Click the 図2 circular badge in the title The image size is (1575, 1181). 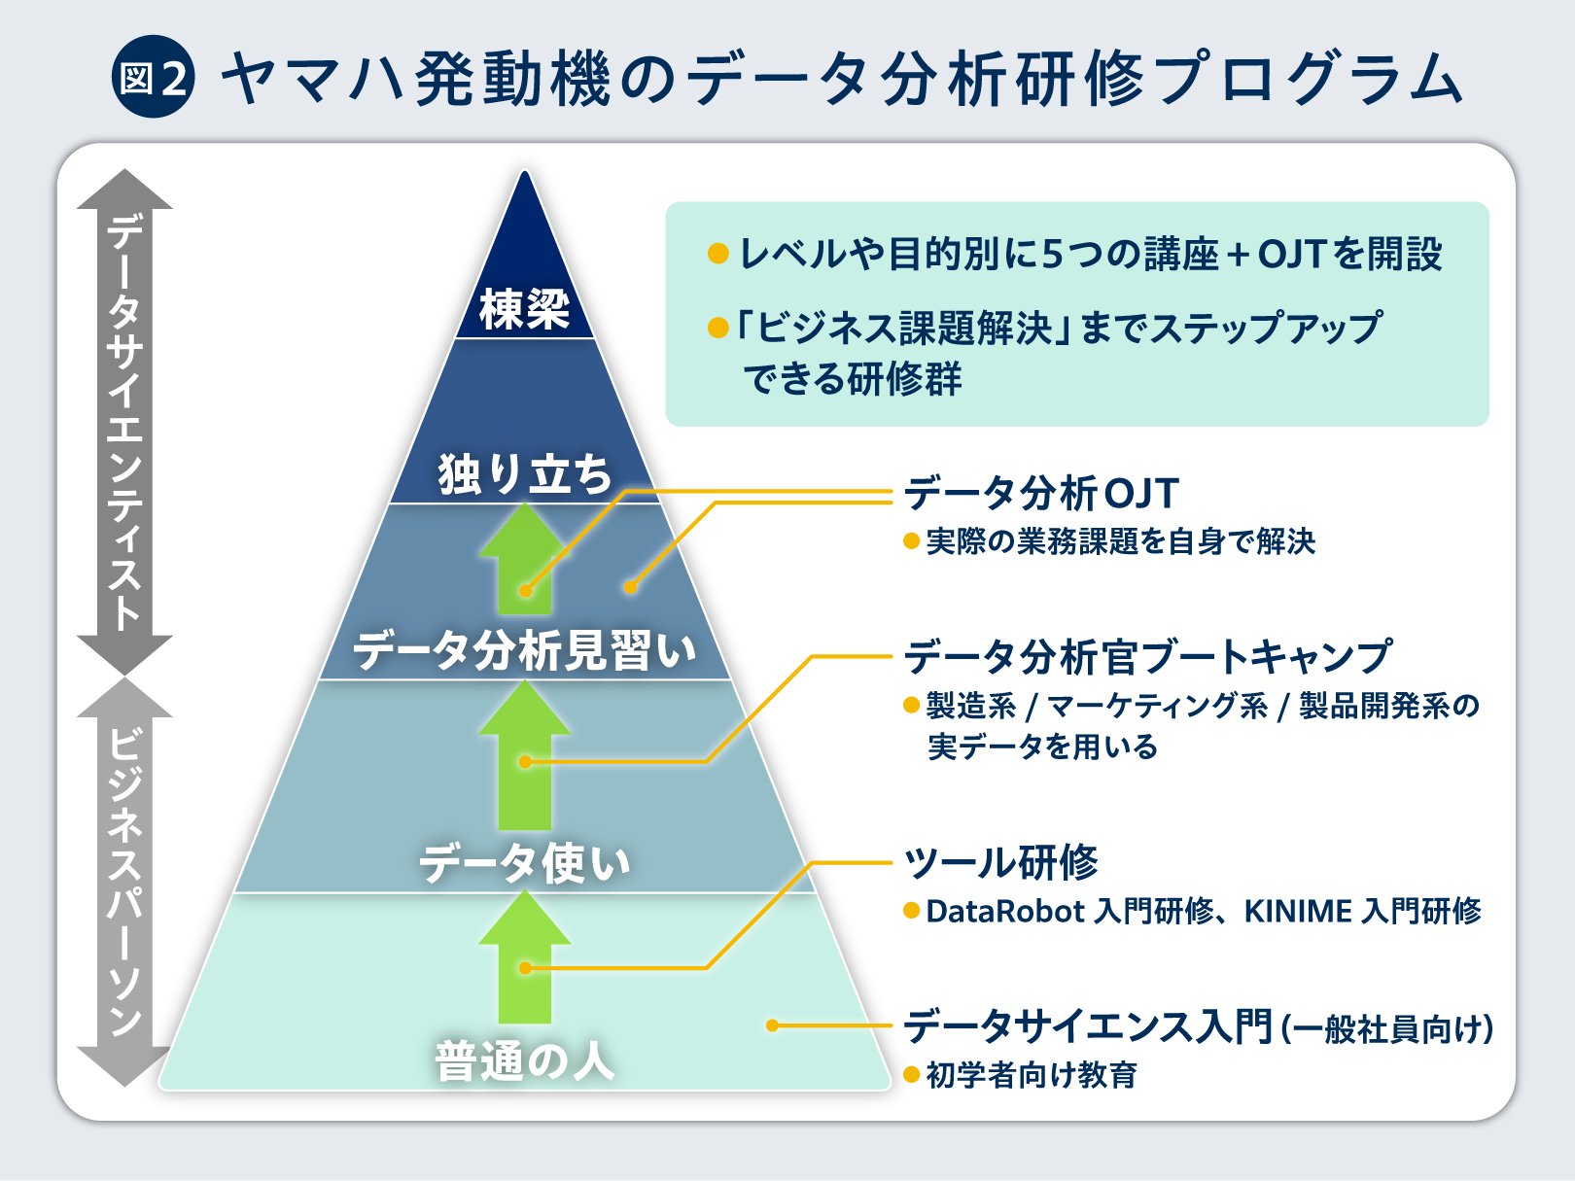tap(153, 77)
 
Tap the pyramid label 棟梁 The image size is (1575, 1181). tap(525, 310)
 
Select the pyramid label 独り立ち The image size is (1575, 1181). tap(525, 474)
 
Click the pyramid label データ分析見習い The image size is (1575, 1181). tap(525, 651)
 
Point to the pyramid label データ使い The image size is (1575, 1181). tap(525, 863)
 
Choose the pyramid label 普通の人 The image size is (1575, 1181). tap(525, 1061)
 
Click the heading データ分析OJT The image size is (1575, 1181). tap(1040, 494)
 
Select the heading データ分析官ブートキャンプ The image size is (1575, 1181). tap(1147, 656)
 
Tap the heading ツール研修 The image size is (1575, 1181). tap(1001, 862)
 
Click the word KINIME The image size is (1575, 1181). tap(1298, 912)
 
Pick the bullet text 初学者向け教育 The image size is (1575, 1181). tap(1032, 1075)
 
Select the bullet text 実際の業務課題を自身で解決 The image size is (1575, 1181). tap(1121, 541)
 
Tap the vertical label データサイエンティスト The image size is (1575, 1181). tap(124, 423)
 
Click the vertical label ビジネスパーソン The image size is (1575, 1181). tap(124, 882)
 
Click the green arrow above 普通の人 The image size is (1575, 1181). tap(525, 956)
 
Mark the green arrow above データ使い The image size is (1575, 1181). tap(525, 754)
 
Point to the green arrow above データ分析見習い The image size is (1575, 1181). tap(525, 558)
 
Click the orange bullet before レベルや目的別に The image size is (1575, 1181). tap(718, 253)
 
